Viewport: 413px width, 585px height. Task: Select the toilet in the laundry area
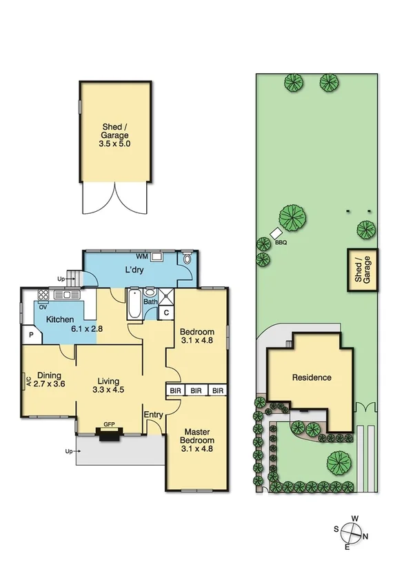coord(187,260)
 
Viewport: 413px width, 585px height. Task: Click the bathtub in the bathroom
coord(134,304)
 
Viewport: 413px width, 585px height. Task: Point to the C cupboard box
coord(165,313)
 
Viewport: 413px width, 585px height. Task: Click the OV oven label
coord(43,307)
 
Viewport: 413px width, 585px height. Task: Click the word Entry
coord(152,414)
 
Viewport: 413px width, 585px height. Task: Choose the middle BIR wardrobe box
coord(197,390)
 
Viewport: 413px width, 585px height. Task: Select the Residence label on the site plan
coord(312,378)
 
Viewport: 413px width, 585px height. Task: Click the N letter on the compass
coord(365,536)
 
